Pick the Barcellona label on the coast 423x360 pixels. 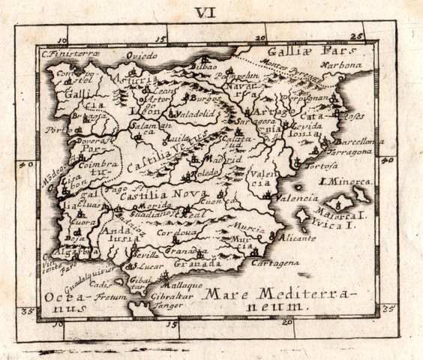pos(359,141)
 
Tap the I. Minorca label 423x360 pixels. pos(344,181)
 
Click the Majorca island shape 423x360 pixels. pos(343,205)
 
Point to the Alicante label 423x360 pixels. pos(295,237)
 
